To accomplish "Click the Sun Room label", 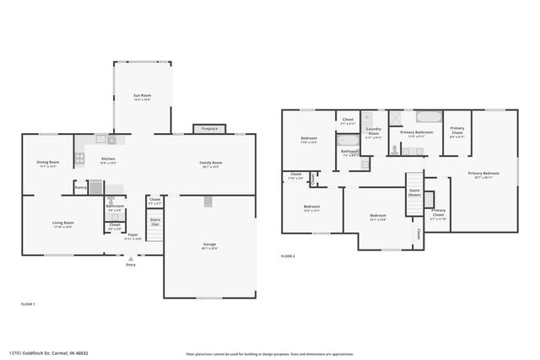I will pos(142,98).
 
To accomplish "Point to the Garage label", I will pos(209,246).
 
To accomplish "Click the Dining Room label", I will pos(47,164).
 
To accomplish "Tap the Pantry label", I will pos(80,187).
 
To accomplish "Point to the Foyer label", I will pos(132,236).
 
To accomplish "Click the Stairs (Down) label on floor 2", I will pos(414,193).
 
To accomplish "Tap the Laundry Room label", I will pos(373,133).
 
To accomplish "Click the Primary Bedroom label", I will pos(486,175).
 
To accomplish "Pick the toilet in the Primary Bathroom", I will pos(394,150).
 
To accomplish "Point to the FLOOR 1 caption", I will pos(28,303).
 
